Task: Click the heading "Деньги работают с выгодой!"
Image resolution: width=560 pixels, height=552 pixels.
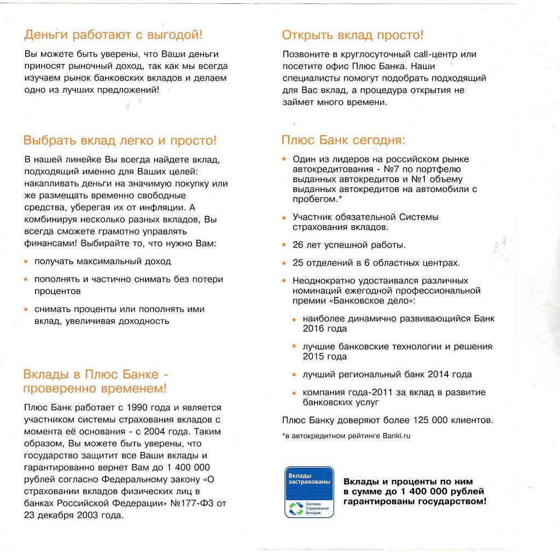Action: click(x=113, y=35)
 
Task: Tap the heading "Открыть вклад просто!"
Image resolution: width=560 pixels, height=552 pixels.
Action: click(x=353, y=36)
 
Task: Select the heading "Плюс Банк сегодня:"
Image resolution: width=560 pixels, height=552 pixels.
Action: click(x=343, y=140)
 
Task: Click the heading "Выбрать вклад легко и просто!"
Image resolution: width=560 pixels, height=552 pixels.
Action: click(x=120, y=140)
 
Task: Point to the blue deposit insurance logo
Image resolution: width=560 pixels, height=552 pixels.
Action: click(x=309, y=492)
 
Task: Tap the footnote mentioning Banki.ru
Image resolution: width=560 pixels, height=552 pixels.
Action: click(x=346, y=436)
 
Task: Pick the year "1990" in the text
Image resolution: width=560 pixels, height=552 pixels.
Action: click(x=138, y=408)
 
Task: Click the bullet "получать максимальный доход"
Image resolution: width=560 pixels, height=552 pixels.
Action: click(x=103, y=261)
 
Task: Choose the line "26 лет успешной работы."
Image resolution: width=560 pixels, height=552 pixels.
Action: click(x=349, y=245)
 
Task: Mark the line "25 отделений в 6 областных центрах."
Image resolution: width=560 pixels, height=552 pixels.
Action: click(x=376, y=263)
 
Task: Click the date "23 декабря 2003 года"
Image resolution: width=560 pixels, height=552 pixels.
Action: click(x=74, y=515)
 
